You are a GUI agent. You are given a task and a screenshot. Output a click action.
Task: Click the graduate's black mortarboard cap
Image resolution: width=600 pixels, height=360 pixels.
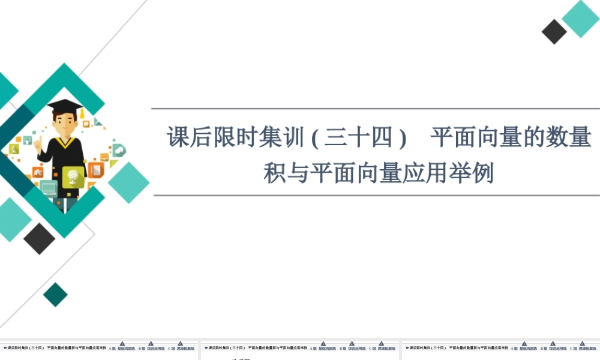pyautogui.click(x=65, y=105)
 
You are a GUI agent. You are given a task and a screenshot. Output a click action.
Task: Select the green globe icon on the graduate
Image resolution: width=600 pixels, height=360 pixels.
pyautogui.click(x=73, y=176)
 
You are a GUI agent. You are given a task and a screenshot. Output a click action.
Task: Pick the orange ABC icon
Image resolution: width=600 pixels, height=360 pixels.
pyautogui.click(x=28, y=140)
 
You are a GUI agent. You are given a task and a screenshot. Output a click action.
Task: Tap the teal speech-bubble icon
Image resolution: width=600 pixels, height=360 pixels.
pyautogui.click(x=118, y=150)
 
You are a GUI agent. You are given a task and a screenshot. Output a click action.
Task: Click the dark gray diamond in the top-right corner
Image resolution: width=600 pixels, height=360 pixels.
pyautogui.click(x=554, y=32)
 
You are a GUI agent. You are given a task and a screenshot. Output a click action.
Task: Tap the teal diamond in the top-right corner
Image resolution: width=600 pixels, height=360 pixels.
pyautogui.click(x=581, y=19)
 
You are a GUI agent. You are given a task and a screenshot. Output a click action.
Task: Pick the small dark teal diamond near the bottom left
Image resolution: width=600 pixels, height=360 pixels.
pyautogui.click(x=56, y=295)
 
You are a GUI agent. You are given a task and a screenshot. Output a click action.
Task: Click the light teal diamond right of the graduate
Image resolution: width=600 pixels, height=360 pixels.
pyautogui.click(x=128, y=182)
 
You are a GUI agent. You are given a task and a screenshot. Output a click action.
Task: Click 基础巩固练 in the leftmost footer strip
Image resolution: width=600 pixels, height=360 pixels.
pyautogui.click(x=126, y=348)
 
